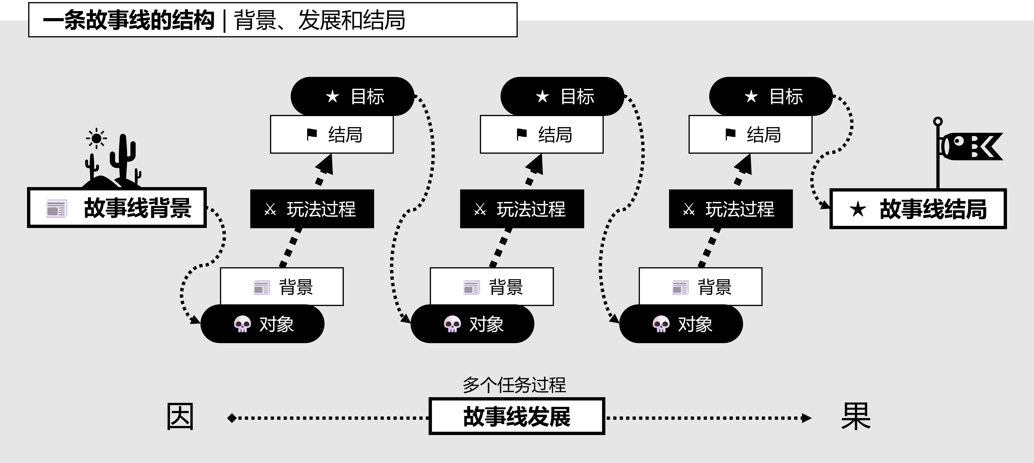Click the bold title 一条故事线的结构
point(129,20)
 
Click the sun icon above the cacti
point(96,138)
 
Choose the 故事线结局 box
point(918,209)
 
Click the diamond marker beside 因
point(232,418)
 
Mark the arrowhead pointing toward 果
point(806,418)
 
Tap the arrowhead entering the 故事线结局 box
point(825,205)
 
